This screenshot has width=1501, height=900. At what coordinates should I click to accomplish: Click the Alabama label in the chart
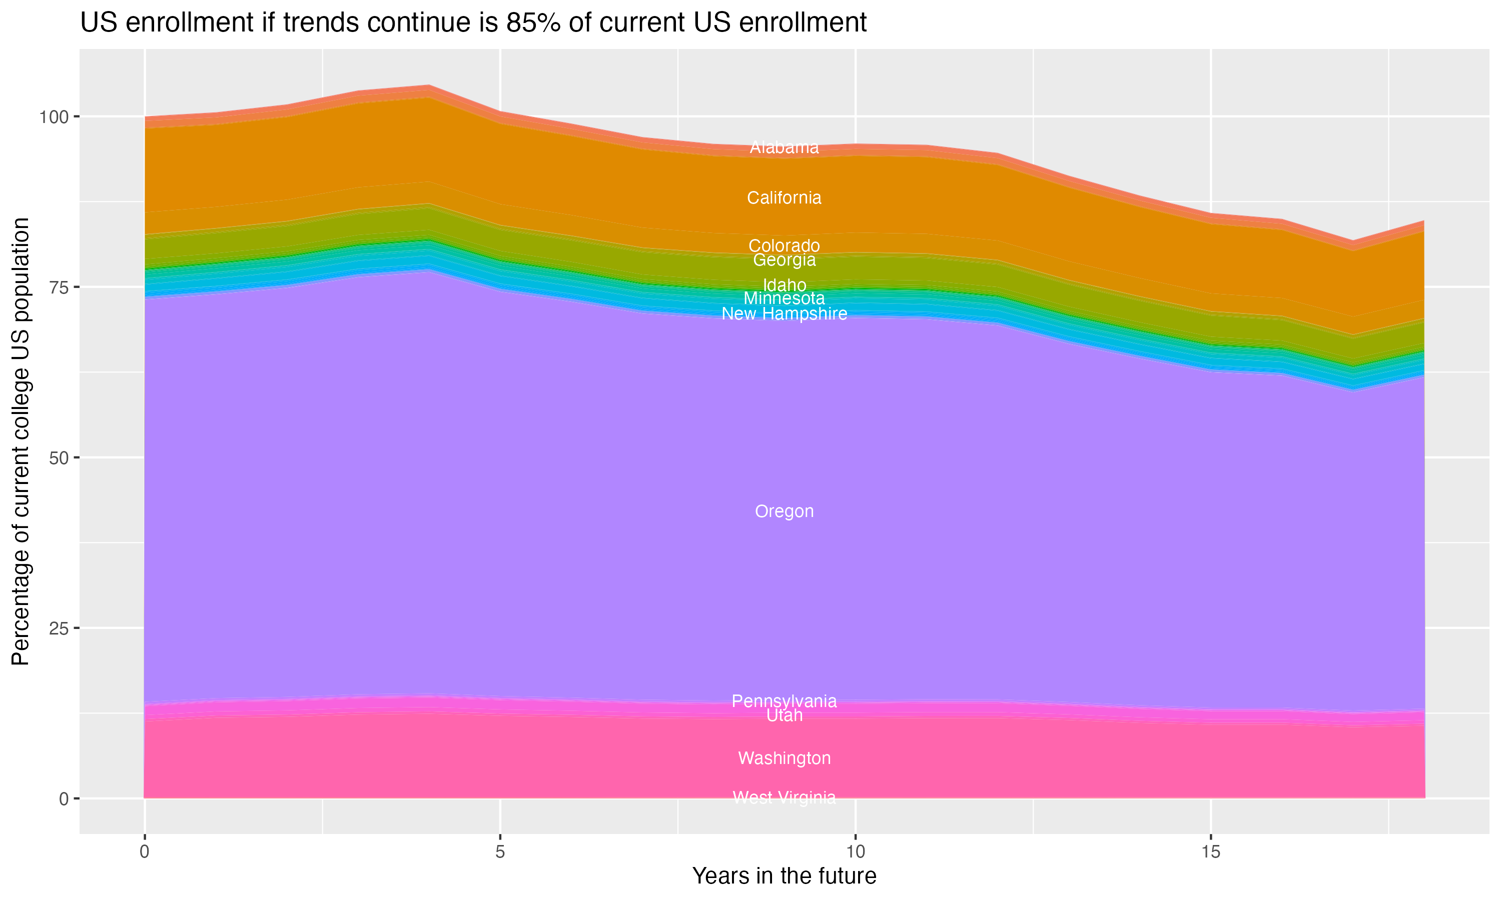tap(784, 147)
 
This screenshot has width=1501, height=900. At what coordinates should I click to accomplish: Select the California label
tap(784, 197)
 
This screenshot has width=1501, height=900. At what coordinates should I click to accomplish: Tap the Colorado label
tap(784, 245)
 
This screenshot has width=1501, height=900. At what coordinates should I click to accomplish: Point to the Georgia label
tap(784, 260)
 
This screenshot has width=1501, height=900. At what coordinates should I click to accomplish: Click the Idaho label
tap(784, 285)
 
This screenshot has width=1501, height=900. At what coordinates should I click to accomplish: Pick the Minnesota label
tap(784, 298)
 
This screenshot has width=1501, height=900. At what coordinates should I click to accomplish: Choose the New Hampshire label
tap(784, 313)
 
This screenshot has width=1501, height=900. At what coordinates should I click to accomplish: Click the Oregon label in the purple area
tap(784, 511)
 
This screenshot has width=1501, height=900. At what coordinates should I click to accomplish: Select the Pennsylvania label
tap(784, 701)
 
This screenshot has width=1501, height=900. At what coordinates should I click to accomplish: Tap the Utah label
tap(784, 715)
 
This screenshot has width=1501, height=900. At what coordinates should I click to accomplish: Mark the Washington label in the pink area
tap(784, 758)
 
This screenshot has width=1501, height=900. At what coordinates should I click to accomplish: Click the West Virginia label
tap(784, 797)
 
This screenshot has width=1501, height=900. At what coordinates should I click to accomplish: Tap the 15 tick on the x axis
tap(1210, 852)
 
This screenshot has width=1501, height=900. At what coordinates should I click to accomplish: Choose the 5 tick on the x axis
tap(500, 852)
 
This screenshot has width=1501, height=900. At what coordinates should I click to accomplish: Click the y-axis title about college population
tap(21, 441)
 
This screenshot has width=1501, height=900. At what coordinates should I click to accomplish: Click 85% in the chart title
tap(532, 23)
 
